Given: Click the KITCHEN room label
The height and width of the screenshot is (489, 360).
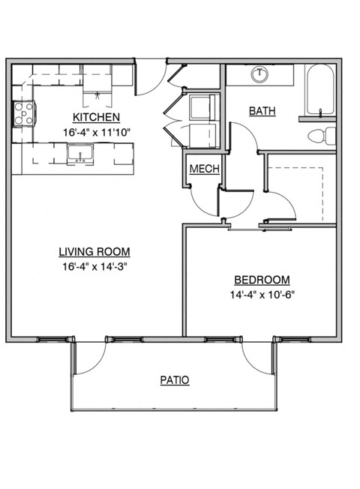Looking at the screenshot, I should point(96,118).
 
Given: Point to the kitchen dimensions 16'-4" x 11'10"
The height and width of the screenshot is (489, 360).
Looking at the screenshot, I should point(96,132).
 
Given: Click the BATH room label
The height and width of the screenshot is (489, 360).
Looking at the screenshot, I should point(262,111).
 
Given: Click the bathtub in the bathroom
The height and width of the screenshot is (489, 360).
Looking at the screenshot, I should point(321,90).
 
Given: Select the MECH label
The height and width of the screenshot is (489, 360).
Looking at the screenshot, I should point(204,169).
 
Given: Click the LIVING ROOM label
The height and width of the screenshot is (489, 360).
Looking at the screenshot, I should point(96,251).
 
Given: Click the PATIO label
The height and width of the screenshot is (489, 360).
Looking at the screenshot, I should point(174,380).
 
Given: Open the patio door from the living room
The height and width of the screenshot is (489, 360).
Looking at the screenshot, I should point(90,356).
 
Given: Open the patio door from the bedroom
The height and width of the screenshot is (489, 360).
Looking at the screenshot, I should point(259,356).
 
